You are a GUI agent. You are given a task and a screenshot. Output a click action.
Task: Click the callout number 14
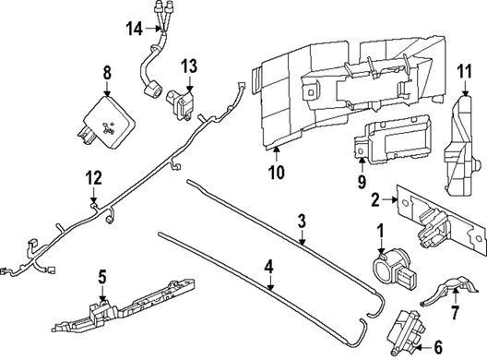[134, 30]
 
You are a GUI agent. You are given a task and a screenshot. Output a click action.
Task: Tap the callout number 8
[107, 73]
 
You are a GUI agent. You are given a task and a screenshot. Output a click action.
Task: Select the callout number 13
[189, 66]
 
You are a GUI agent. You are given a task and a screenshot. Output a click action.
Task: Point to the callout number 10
[277, 173]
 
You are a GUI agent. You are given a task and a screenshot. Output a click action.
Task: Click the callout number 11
[465, 72]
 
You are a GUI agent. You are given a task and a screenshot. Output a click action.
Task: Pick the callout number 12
[94, 178]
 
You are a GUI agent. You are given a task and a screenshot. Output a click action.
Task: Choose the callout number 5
[102, 277]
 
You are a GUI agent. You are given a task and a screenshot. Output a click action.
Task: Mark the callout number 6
[437, 347]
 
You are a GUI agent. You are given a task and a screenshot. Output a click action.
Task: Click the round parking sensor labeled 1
[391, 267]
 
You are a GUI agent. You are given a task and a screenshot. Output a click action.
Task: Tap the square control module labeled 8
[105, 123]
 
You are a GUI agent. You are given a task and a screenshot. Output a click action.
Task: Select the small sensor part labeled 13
[180, 102]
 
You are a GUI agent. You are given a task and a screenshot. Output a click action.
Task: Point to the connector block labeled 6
[407, 331]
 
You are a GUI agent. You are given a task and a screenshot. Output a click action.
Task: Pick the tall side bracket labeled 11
[462, 145]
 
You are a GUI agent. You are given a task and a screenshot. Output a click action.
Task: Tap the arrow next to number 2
[389, 200]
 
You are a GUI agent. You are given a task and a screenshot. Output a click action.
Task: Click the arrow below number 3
[302, 237]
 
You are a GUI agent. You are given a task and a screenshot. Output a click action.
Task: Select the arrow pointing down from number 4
[270, 283]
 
